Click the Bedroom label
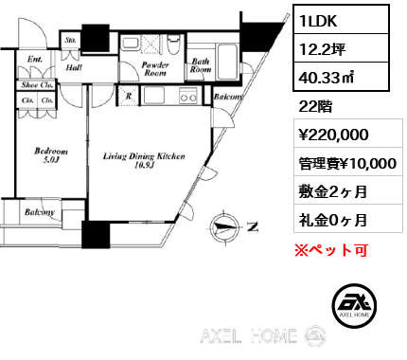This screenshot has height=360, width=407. coord(49,154)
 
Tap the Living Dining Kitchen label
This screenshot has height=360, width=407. coord(144,160)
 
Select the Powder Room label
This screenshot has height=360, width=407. coord(154,69)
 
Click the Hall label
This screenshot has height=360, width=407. coord(73,67)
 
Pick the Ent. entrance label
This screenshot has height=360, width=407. coord(36,60)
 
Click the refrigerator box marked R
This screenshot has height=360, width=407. coord(128,96)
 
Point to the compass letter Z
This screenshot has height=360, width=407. coord(252,226)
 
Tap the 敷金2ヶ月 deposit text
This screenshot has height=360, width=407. coord(331,192)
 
